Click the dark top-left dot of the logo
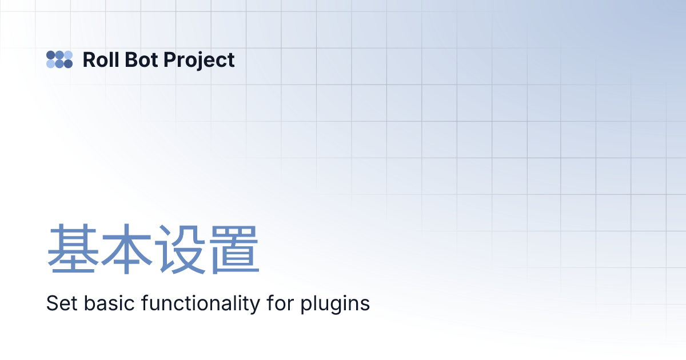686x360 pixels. [50, 55]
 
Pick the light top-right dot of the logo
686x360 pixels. [68, 55]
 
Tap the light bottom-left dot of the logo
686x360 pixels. [50, 64]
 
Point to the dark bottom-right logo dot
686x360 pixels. [68, 64]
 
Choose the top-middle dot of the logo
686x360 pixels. [59, 55]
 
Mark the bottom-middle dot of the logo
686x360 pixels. [59, 64]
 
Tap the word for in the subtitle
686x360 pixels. [280, 303]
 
